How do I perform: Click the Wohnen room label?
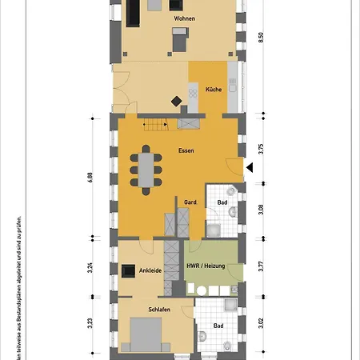point(184,18)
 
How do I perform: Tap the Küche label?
point(213,90)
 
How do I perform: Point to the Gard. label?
point(190,202)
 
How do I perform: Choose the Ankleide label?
point(151,270)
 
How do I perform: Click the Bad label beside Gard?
point(222,203)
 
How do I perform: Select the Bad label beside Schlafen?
point(218,326)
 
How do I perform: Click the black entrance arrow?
point(250,167)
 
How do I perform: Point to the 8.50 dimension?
point(260,38)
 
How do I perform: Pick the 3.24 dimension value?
point(90,269)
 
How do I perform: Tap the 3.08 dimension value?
point(260,210)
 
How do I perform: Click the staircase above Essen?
point(154,124)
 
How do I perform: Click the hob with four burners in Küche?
point(193,94)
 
